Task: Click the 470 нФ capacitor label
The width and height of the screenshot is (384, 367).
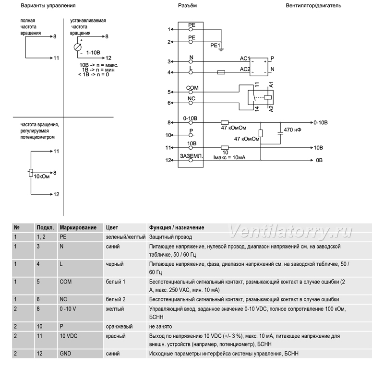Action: (292, 130)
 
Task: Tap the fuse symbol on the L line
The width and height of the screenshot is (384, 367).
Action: (221, 72)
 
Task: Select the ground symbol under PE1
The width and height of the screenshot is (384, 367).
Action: (221, 50)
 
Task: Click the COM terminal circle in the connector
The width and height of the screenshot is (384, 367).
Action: (191, 92)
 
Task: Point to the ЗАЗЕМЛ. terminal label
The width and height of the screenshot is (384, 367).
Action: (192, 156)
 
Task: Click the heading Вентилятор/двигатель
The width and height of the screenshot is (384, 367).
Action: (313, 6)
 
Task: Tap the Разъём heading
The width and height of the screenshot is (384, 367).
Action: (187, 6)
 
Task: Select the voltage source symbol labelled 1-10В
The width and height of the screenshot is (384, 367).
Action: (78, 47)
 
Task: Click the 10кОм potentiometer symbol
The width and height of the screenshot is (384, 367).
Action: (31, 173)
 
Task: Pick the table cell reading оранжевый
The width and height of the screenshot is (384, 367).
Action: (119, 327)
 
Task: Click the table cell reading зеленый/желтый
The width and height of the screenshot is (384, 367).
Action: (126, 237)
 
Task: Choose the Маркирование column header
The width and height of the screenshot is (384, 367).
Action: (78, 228)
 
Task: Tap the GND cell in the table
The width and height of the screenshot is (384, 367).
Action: (65, 354)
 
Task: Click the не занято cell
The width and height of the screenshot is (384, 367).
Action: (160, 327)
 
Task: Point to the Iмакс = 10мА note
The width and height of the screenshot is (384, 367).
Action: (229, 157)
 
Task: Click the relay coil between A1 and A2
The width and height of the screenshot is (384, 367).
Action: (268, 97)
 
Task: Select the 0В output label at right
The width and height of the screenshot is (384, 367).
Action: (319, 160)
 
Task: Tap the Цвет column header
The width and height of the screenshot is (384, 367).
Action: (112, 228)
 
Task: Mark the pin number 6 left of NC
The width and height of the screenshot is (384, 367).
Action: (169, 103)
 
